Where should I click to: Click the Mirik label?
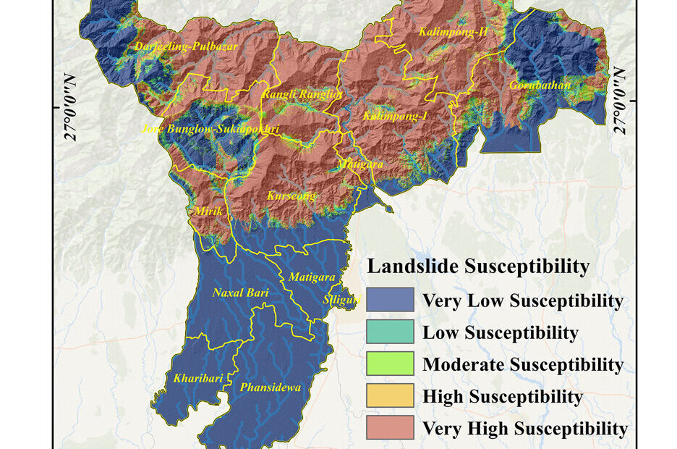(x=209, y=211)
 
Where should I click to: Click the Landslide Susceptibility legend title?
(x=478, y=267)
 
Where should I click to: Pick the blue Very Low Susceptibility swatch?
(x=390, y=300)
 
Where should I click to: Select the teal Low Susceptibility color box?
(x=390, y=332)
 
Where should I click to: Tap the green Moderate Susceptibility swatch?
(x=390, y=364)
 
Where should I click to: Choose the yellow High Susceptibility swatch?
(x=390, y=396)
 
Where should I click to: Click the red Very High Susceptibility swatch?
(x=390, y=428)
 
